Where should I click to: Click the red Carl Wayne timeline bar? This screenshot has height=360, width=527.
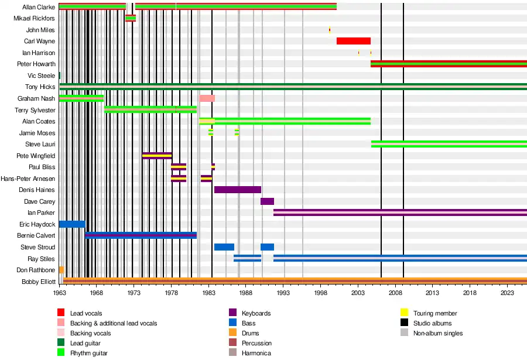click(354, 41)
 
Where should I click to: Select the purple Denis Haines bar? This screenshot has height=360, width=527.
click(237, 190)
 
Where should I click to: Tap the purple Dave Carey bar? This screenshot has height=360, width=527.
click(267, 201)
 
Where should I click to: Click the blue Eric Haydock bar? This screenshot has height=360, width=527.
click(72, 224)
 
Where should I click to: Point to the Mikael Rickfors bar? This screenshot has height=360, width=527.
click(131, 18)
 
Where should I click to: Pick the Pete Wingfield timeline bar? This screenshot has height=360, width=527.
click(157, 156)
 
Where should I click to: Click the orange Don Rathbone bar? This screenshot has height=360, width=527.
click(61, 270)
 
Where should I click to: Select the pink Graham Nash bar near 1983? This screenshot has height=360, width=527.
click(207, 98)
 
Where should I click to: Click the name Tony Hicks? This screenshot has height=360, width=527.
click(40, 87)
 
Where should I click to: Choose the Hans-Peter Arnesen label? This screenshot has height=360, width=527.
click(28, 179)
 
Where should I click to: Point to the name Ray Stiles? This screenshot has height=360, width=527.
click(42, 259)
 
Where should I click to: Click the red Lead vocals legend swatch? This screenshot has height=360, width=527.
click(61, 313)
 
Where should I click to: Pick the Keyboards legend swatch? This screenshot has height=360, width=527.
click(232, 313)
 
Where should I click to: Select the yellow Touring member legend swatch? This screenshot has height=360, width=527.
click(404, 313)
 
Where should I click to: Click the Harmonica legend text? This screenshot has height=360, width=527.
click(256, 353)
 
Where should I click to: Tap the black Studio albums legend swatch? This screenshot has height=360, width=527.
click(404, 323)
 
